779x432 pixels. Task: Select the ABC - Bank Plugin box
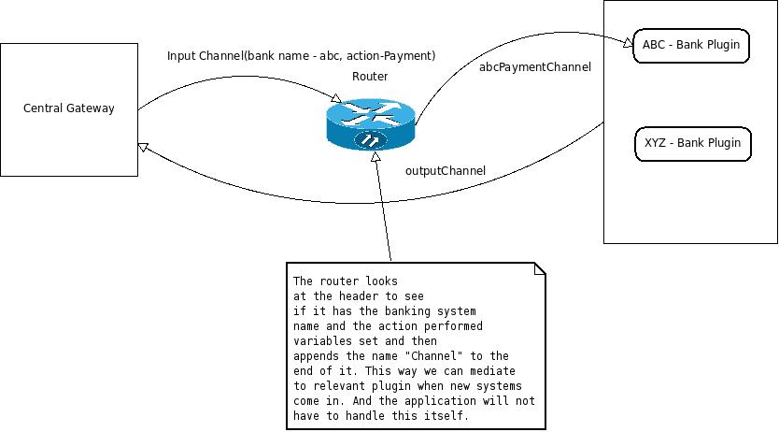(x=691, y=45)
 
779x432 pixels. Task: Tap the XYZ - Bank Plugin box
(x=692, y=143)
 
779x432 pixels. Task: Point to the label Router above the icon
(x=370, y=77)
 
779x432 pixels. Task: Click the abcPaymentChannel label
(x=534, y=67)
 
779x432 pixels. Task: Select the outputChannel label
(x=446, y=170)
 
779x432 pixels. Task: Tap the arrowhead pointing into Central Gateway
(x=142, y=147)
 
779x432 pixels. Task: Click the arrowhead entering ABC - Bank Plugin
(x=628, y=42)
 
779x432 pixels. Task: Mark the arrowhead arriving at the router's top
(x=339, y=96)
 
